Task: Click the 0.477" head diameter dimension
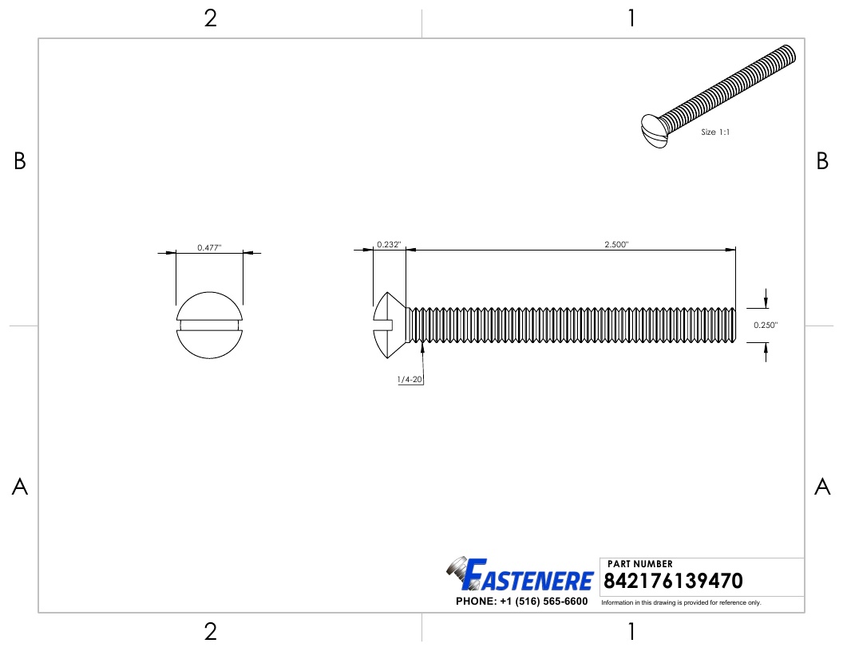tap(209, 247)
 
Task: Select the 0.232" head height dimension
tap(389, 244)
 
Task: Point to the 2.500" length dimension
tap(616, 244)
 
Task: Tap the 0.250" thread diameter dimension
tap(766, 325)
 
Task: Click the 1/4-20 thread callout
tap(410, 379)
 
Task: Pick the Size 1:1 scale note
tap(715, 132)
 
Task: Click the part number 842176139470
tap(673, 581)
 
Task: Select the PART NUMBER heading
tap(639, 564)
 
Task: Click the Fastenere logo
tap(520, 574)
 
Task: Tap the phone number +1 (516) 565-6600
tap(544, 602)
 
